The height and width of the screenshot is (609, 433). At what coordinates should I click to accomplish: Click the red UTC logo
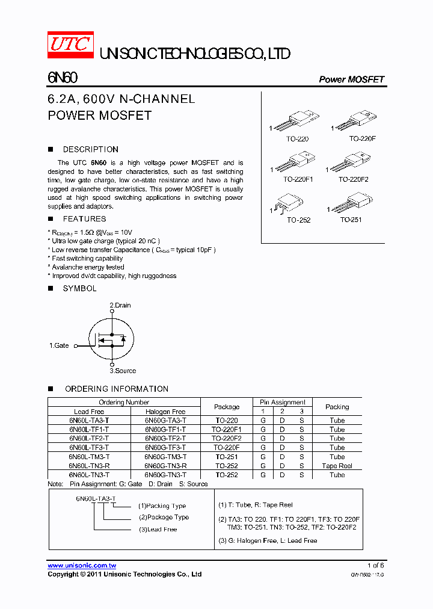pyautogui.click(x=70, y=45)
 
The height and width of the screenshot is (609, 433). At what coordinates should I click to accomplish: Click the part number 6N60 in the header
pyautogui.click(x=62, y=78)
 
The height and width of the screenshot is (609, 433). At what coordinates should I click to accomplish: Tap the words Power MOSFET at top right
pyautogui.click(x=351, y=79)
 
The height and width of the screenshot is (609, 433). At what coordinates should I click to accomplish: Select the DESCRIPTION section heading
pyautogui.click(x=90, y=149)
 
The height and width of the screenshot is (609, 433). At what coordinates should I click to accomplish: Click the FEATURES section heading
pyautogui.click(x=84, y=219)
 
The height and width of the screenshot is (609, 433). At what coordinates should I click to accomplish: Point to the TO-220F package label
pyautogui.click(x=362, y=139)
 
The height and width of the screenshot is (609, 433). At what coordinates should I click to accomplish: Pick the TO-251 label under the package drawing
pyautogui.click(x=351, y=220)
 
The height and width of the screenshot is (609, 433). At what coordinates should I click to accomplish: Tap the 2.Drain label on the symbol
pyautogui.click(x=120, y=305)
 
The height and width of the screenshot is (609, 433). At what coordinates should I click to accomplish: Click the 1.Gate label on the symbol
pyautogui.click(x=59, y=345)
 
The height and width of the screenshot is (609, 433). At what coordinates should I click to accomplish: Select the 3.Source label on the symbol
pyautogui.click(x=123, y=371)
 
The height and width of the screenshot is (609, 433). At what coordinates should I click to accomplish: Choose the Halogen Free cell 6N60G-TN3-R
pyautogui.click(x=165, y=466)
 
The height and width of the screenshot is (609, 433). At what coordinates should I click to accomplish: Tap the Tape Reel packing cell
pyautogui.click(x=337, y=466)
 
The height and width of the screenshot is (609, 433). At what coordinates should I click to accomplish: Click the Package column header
pyautogui.click(x=227, y=407)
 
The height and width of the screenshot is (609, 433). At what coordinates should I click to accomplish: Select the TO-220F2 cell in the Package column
pyautogui.click(x=227, y=439)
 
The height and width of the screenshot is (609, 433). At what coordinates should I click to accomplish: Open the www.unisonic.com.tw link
pyautogui.click(x=82, y=566)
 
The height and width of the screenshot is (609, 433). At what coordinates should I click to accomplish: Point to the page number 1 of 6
pyautogui.click(x=375, y=566)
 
